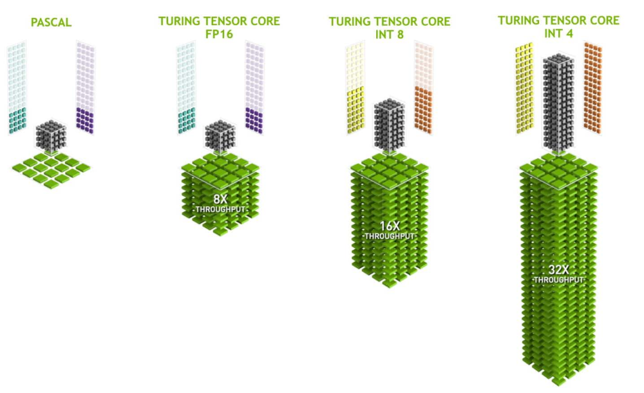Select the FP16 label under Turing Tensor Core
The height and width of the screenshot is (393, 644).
point(219,34)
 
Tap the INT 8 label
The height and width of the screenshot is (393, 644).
point(389,34)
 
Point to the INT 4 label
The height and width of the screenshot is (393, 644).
point(559,33)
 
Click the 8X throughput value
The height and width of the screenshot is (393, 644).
point(220,199)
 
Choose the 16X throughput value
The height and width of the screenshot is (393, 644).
point(389,226)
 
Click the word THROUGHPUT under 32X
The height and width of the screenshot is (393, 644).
point(559,280)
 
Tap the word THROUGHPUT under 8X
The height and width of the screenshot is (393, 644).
point(220,209)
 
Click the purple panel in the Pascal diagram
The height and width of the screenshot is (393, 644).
point(85,120)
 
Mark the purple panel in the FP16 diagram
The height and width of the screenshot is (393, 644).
point(255,120)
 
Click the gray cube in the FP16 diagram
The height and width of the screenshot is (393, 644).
point(219,137)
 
